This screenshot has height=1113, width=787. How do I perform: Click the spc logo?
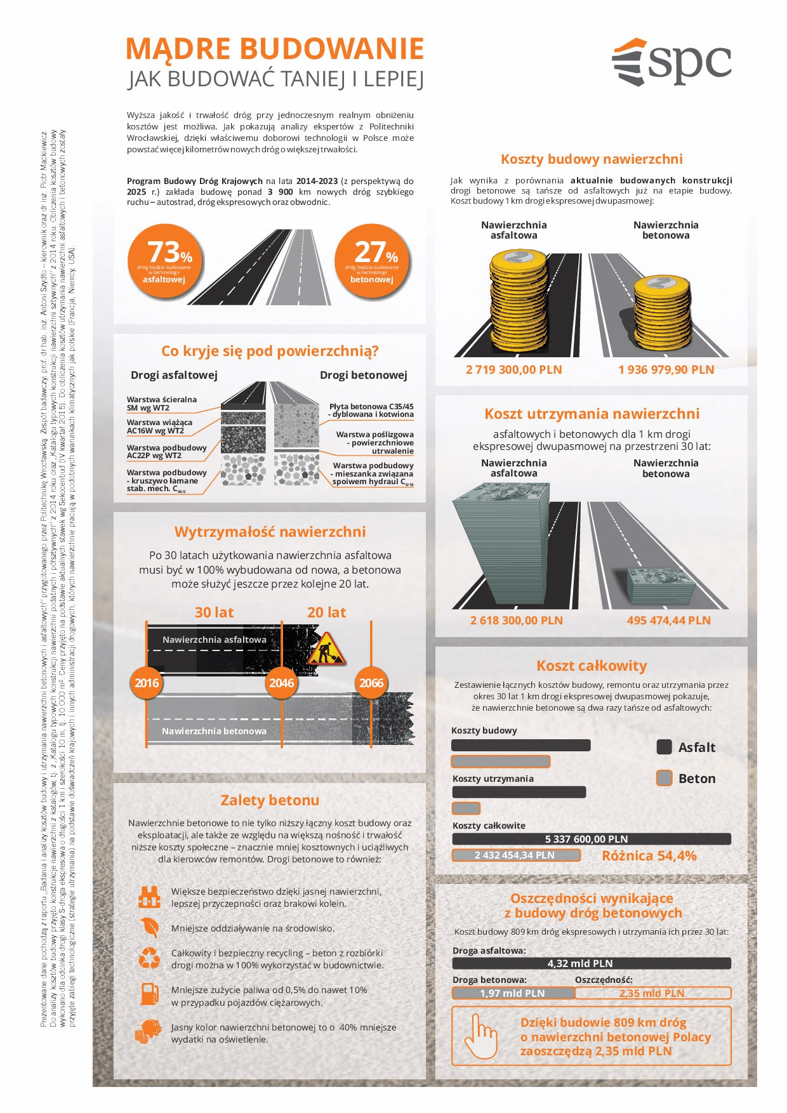(671, 62)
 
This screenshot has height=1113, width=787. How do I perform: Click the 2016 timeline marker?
(147, 683)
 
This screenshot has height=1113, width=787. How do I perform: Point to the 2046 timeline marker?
(281, 683)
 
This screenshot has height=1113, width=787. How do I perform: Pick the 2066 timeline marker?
(371, 683)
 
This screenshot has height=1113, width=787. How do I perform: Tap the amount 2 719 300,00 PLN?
(513, 369)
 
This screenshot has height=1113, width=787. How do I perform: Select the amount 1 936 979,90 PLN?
(666, 369)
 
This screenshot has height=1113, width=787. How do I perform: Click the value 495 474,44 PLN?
(668, 620)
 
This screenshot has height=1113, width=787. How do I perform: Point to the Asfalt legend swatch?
(664, 747)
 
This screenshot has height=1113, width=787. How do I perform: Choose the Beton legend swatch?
(664, 778)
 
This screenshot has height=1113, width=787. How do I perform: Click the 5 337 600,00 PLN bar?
(591, 839)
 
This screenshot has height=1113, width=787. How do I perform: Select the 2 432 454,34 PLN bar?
(515, 855)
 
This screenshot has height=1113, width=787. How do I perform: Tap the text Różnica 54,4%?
(649, 855)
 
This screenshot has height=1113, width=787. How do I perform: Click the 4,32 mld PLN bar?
(591, 963)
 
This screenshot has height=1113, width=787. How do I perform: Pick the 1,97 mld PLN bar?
(513, 993)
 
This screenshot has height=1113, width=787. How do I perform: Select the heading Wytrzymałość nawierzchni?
(270, 531)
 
